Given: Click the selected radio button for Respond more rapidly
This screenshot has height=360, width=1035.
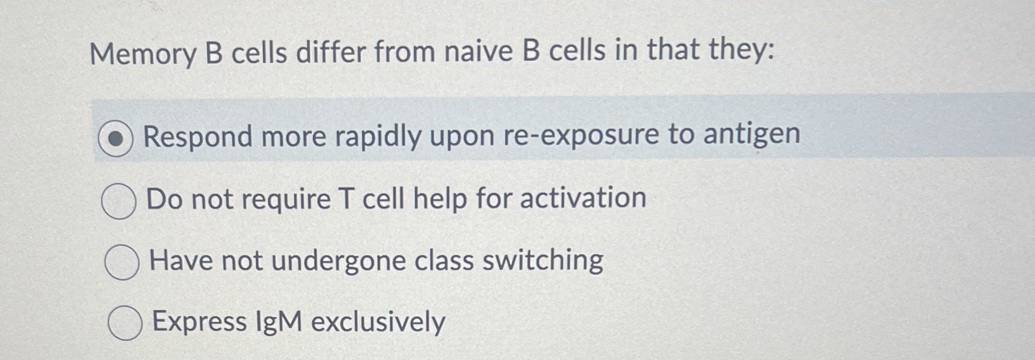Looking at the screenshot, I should pyautogui.click(x=115, y=139).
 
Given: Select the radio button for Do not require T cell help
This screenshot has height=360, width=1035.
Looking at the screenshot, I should pyautogui.click(x=119, y=201).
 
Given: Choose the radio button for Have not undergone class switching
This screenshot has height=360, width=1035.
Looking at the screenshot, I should pyautogui.click(x=122, y=262).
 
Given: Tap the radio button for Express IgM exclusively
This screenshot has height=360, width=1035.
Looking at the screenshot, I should pyautogui.click(x=125, y=323).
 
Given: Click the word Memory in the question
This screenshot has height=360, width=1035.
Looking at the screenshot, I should pyautogui.click(x=143, y=54).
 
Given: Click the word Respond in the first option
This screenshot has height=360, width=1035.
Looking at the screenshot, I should pyautogui.click(x=198, y=137).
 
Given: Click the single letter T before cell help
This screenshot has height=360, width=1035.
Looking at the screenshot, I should pyautogui.click(x=346, y=199).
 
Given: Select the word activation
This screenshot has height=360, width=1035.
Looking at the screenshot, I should pyautogui.click(x=583, y=198).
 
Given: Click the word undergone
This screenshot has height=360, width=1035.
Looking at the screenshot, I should pyautogui.click(x=338, y=261).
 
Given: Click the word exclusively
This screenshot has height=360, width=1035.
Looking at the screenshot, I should pyautogui.click(x=378, y=322).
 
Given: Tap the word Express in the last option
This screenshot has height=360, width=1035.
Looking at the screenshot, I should pyautogui.click(x=200, y=322).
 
